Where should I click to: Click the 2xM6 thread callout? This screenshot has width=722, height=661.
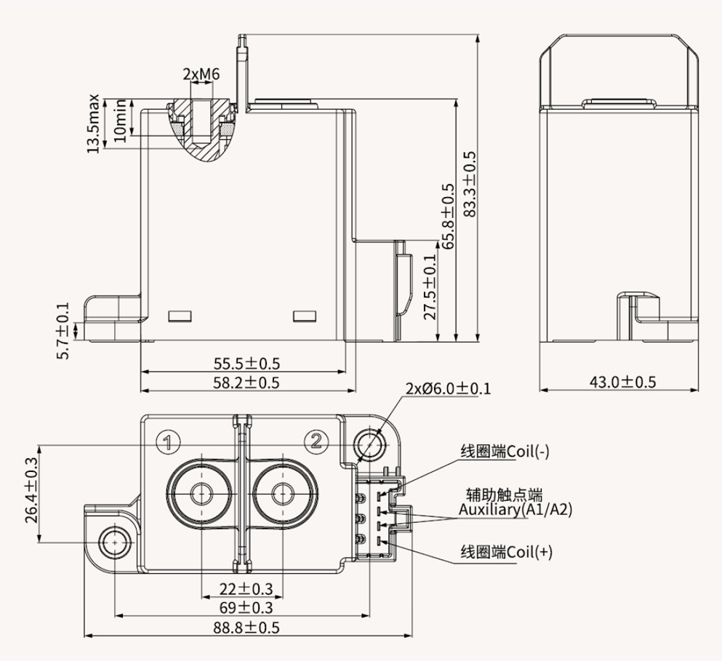click(x=201, y=74)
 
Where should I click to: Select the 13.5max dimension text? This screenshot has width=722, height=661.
click(x=93, y=124)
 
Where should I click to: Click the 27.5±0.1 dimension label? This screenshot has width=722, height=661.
click(x=430, y=288)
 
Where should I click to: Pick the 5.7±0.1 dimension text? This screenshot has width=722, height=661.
click(x=63, y=331)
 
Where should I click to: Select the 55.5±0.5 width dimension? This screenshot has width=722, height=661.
click(x=245, y=363)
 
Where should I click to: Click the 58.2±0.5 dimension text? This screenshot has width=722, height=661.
click(x=245, y=382)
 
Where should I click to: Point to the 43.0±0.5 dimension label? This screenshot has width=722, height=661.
click(x=622, y=381)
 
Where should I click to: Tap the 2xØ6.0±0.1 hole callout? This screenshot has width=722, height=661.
click(x=448, y=388)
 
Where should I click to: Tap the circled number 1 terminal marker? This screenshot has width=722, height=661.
click(x=169, y=441)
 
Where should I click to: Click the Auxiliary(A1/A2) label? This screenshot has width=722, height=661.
click(x=516, y=510)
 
